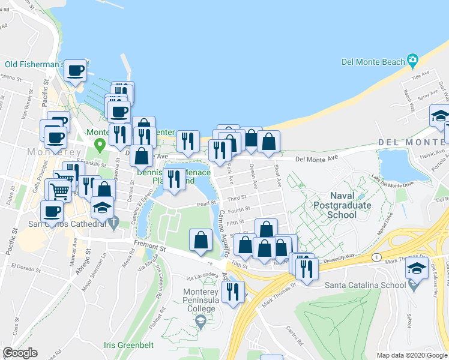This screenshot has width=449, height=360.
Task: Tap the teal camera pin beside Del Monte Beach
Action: click(412, 61)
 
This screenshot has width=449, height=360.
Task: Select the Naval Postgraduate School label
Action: click(342, 205)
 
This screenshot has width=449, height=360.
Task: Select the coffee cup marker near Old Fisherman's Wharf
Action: click(76, 71)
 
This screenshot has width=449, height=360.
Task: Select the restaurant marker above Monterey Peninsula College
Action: click(232, 292)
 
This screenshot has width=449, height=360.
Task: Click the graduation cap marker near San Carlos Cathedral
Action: click(103, 208)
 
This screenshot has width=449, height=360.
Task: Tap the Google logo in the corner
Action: click(20, 353)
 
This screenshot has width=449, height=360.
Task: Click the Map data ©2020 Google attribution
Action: click(412, 355)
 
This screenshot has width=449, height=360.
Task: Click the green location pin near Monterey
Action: click(101, 145)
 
